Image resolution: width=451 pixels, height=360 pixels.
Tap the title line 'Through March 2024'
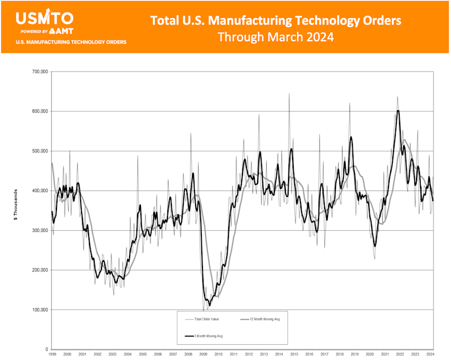tap(276, 38)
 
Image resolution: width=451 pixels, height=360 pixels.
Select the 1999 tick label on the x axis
tap(52, 354)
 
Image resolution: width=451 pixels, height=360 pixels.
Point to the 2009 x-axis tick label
tap(202, 354)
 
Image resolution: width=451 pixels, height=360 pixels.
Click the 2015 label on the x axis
tap(293, 354)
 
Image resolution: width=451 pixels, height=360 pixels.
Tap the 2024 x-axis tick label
tap(430, 354)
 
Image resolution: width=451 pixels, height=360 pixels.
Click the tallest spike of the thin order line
tap(289, 94)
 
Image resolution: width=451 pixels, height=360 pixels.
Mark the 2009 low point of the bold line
tap(209, 305)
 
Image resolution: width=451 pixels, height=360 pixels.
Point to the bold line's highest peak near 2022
tap(398, 111)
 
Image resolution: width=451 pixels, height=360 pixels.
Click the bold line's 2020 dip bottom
tap(374, 245)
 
